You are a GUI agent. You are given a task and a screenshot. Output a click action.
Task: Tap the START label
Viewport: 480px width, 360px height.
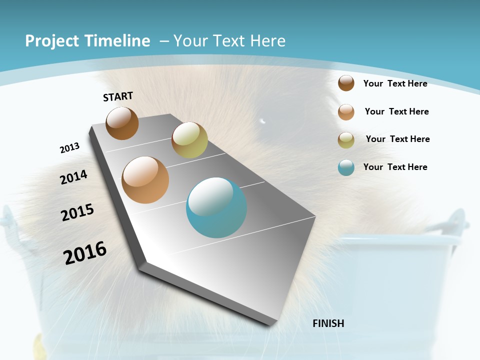[118, 96]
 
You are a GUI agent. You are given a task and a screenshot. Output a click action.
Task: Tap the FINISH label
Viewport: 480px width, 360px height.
[328, 323]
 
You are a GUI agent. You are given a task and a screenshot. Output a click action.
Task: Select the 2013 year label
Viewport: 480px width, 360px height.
[69, 148]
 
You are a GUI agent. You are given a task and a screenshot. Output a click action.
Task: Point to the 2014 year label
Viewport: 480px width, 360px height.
[74, 177]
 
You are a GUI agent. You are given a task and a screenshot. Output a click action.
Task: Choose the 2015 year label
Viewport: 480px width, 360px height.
[77, 212]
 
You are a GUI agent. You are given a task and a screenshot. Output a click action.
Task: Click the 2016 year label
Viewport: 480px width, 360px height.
[85, 253]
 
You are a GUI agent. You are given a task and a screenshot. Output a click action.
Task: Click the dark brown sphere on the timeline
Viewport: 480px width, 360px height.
[122, 123]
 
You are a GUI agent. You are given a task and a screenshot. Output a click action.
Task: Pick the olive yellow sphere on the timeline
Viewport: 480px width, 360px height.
[189, 140]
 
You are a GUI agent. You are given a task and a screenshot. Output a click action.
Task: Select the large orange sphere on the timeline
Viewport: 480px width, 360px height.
[145, 180]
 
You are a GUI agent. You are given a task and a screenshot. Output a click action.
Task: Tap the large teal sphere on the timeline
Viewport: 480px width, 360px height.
[216, 207]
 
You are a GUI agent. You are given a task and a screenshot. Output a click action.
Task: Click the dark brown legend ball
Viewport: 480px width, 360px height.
[346, 83]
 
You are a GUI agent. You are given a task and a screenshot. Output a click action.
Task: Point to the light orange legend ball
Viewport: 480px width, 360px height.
[346, 112]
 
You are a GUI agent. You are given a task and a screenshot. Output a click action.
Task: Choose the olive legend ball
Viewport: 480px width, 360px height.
[346, 140]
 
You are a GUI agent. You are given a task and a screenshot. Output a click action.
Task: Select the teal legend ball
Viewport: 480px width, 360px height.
[346, 167]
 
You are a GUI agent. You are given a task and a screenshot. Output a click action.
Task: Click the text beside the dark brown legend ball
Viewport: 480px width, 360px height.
[395, 83]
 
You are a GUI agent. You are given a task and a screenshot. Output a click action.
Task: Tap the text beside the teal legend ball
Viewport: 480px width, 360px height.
[395, 167]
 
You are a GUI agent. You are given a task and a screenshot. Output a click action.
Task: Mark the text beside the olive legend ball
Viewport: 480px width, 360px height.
[397, 139]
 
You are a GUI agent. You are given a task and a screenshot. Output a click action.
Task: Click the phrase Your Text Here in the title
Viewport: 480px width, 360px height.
[229, 41]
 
